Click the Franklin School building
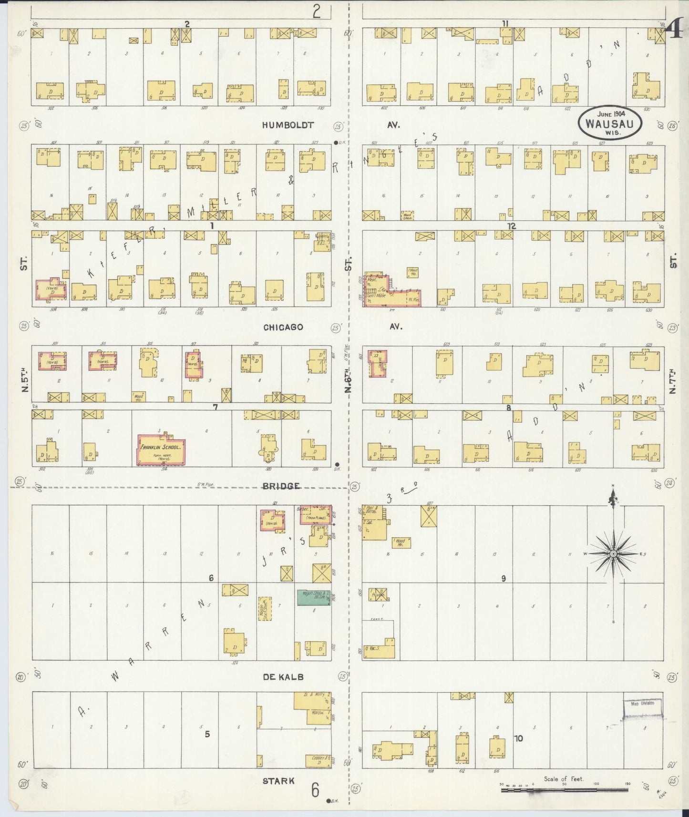point(161,449)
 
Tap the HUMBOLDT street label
point(288,125)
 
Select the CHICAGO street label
point(283,327)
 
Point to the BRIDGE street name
point(280,486)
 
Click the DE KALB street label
point(283,676)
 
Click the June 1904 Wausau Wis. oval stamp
point(610,123)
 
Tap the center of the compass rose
point(613,553)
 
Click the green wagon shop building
point(314,597)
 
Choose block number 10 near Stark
point(518,738)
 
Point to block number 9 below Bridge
point(504,578)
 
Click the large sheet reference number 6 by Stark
point(315,790)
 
